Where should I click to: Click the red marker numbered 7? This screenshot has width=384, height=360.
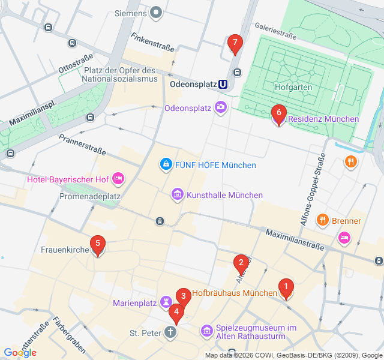[235, 43]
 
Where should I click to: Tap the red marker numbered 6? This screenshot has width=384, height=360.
[278, 113]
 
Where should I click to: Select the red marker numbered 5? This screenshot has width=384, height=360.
[97, 244]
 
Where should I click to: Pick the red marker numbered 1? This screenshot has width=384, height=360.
[286, 289]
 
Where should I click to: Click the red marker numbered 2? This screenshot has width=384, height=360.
[241, 263]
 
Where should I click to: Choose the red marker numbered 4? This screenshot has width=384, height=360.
[175, 312]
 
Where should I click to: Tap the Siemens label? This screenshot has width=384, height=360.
[130, 13]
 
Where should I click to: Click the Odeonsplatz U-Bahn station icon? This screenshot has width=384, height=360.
[223, 85]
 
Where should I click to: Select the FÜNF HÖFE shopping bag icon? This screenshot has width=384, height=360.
[165, 164]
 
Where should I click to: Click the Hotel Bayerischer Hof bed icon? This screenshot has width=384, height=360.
[118, 178]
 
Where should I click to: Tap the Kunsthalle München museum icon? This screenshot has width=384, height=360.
[178, 194]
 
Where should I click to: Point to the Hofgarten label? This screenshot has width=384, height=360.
[293, 87]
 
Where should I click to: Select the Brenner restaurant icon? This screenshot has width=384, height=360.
[323, 220]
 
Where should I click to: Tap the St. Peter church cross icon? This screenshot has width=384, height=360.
[171, 332]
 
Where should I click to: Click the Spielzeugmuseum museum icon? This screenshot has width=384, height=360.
[206, 331]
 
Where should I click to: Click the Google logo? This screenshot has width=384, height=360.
[20, 353]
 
